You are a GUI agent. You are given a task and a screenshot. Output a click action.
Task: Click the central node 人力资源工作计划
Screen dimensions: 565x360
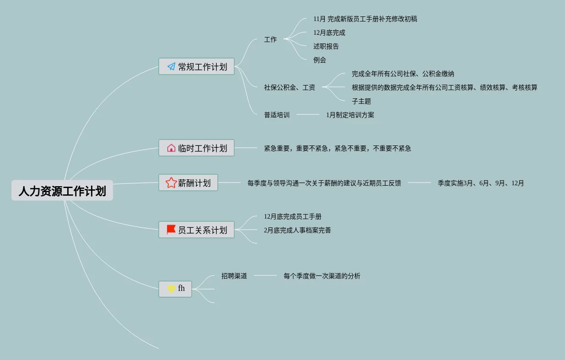click(62, 190)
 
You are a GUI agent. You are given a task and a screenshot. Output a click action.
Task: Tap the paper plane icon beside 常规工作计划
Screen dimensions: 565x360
click(171, 67)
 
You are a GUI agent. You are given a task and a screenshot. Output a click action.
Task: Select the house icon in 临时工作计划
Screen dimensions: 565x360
click(171, 148)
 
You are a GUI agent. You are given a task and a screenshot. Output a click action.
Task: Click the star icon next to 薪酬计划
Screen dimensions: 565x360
click(171, 183)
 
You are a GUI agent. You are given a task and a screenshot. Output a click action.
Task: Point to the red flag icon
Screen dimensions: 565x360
click(171, 229)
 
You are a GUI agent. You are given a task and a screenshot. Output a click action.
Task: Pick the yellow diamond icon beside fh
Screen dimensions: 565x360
click(171, 289)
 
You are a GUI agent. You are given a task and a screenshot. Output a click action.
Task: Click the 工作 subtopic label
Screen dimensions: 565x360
click(270, 39)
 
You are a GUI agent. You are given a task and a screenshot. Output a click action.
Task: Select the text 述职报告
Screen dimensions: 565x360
click(326, 46)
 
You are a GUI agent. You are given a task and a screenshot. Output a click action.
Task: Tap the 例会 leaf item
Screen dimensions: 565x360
click(320, 60)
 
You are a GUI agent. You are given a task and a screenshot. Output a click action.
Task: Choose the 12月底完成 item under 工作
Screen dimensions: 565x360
click(329, 32)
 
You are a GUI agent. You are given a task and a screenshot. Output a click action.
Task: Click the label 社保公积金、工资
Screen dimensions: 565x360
click(290, 87)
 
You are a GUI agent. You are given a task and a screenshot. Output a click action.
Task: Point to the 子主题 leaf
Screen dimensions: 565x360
click(361, 101)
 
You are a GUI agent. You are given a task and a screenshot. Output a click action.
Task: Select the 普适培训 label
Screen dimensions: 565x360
click(277, 115)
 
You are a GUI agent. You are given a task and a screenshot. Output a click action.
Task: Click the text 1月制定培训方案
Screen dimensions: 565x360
click(350, 115)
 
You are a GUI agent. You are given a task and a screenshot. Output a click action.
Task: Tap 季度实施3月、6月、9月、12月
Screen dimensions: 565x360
click(481, 183)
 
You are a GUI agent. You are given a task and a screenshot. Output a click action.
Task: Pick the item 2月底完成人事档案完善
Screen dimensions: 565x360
click(297, 230)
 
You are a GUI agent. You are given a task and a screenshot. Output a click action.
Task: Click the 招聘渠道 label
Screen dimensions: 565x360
click(234, 276)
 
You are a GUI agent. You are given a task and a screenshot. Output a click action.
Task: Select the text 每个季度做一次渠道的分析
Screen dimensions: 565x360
click(322, 276)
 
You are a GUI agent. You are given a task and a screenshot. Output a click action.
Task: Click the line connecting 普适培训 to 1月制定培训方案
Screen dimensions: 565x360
click(308, 114)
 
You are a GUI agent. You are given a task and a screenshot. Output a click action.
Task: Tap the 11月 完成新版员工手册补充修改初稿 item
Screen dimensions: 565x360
click(365, 19)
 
